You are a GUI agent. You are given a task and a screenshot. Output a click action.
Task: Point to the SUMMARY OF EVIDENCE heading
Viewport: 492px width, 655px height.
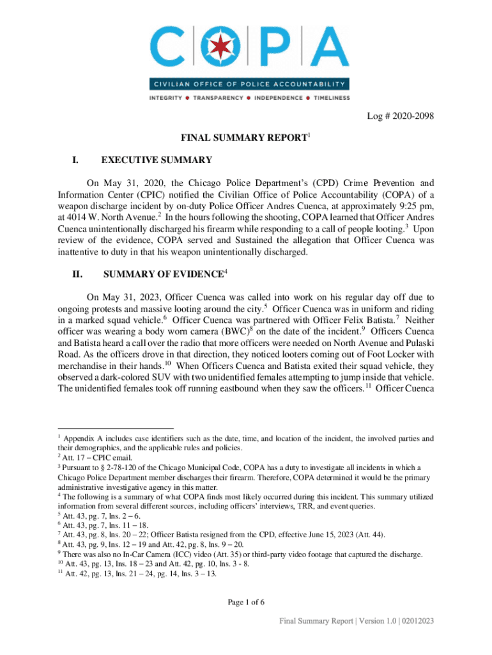(x=162, y=275)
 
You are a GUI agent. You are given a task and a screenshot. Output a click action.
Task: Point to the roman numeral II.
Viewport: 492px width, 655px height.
(x=77, y=275)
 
